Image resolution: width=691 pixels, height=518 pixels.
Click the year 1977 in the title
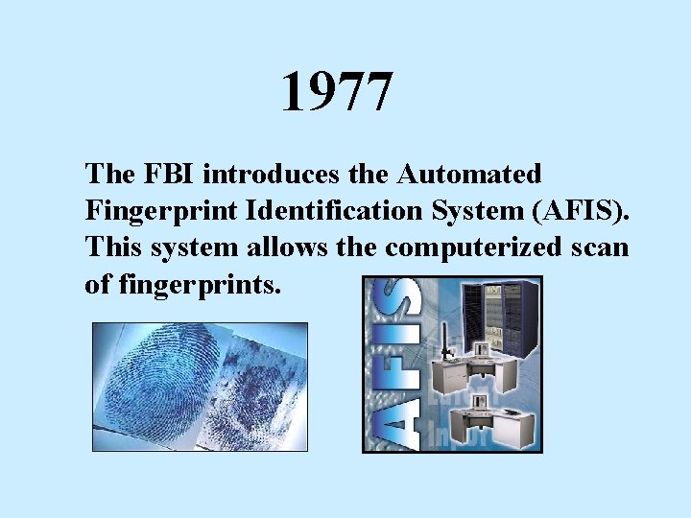[x=337, y=93]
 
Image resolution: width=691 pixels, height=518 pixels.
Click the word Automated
[x=470, y=175]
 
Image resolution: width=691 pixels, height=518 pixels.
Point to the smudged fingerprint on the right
[x=259, y=393]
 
